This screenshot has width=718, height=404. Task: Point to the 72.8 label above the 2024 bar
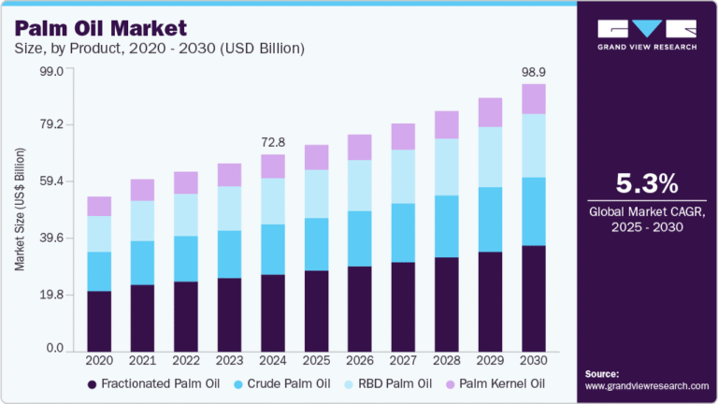point(272,142)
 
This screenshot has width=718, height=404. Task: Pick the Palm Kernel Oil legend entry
point(501,383)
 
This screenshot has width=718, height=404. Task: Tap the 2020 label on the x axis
point(99,361)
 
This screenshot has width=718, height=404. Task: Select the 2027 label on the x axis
point(403,361)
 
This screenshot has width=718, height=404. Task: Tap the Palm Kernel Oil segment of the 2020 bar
point(99,206)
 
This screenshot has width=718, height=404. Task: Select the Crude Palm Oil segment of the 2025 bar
point(316,244)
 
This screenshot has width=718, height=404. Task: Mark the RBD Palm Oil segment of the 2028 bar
point(447,166)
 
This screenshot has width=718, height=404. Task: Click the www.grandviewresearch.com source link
point(646,385)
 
